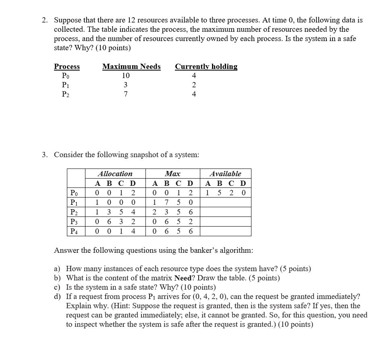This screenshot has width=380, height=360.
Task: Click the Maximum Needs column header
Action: pos(131,67)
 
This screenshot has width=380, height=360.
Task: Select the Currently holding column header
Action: pos(206,67)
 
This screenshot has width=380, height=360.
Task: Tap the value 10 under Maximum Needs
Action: pos(126,76)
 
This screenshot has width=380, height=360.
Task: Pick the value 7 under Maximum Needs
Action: pos(126,94)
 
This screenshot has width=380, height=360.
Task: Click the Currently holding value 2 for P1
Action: pos(194,85)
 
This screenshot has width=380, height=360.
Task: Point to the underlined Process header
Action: pos(67,67)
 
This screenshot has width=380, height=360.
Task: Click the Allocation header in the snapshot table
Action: pos(115,174)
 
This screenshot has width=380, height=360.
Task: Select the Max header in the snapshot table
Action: pos(172,174)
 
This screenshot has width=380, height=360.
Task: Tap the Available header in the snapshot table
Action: pos(225,174)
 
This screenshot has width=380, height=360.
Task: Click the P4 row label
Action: pos(75,231)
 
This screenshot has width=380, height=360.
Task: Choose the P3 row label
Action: pos(75,222)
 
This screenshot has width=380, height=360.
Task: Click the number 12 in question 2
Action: pos(132,20)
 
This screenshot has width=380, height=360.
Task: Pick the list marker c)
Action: pos(57,287)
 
